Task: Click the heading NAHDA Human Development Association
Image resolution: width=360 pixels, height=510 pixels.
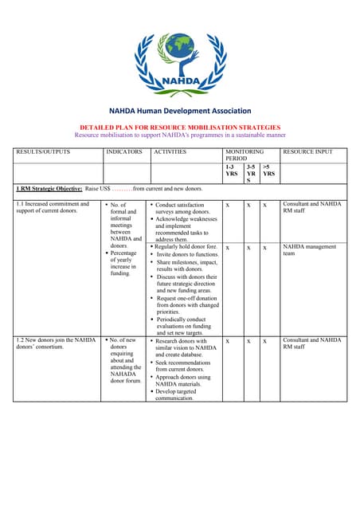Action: click(180, 112)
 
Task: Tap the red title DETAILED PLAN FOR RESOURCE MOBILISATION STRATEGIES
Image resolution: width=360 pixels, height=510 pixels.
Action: click(180, 127)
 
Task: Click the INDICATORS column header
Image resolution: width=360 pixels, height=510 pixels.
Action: click(124, 151)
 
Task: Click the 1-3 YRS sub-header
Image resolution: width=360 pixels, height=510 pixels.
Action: click(232, 172)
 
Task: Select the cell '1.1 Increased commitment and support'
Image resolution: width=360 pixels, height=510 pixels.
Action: click(53, 208)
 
